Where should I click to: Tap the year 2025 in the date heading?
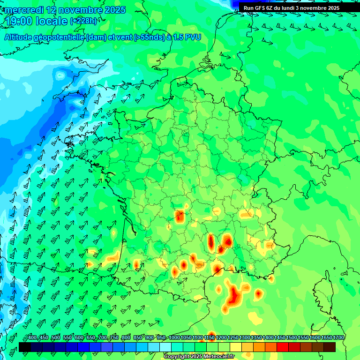click(115, 9)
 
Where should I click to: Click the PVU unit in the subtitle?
click(193, 37)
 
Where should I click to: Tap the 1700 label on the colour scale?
click(338, 338)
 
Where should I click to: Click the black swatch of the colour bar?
click(24, 347)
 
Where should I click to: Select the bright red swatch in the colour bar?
click(282, 347)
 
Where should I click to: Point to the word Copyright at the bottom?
click(177, 357)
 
